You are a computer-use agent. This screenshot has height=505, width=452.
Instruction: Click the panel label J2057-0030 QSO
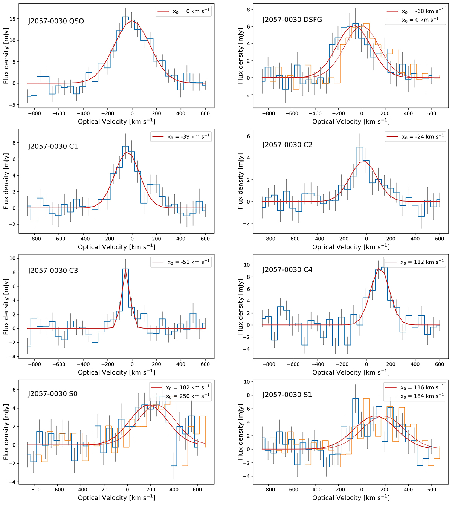[x=56, y=21]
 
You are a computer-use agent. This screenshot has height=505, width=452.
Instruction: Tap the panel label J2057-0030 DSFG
[x=292, y=20]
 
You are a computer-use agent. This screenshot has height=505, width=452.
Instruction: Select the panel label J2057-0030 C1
[x=53, y=146]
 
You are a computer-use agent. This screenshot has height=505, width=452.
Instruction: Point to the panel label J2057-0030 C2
[x=287, y=145]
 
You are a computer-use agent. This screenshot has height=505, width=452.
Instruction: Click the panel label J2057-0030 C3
[x=53, y=271]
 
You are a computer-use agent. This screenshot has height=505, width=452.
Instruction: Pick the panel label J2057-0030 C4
[x=287, y=269]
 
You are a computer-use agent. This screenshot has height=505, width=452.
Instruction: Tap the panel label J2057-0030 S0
[x=53, y=394]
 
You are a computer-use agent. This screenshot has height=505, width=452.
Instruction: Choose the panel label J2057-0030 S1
[x=287, y=395]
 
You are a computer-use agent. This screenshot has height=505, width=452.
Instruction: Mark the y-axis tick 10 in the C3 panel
[x=13, y=258]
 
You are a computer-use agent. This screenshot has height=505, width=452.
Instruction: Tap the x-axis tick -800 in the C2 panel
[x=269, y=239]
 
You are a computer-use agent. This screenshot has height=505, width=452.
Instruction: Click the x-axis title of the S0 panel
[x=116, y=498]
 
